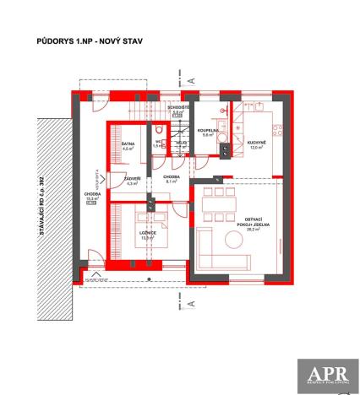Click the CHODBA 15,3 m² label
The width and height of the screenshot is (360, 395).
[x=93, y=197]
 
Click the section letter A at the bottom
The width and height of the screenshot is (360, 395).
[x=191, y=300]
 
